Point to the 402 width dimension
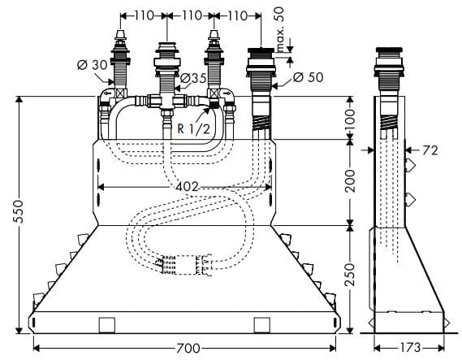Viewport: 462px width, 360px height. (x=185, y=187)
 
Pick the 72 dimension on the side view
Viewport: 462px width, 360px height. (x=430, y=150)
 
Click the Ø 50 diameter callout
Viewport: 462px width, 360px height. (x=308, y=77)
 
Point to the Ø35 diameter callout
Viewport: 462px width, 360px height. (x=193, y=78)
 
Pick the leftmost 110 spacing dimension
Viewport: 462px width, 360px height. (x=145, y=15)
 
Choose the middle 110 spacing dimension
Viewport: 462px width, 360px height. (x=191, y=15)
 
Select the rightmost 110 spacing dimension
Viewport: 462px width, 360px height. (x=237, y=15)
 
